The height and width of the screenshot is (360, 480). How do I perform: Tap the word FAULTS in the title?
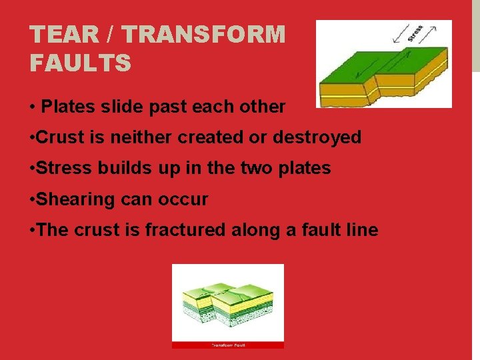[81, 63]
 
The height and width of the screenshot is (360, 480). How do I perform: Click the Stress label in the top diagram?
[415, 33]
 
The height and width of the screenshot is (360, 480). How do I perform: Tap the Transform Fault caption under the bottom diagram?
[228, 345]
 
